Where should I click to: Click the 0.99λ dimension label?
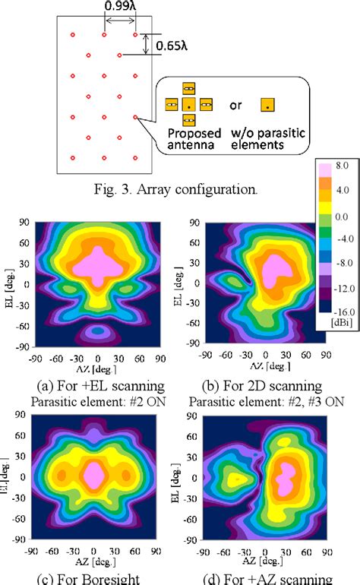(x=120, y=8)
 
